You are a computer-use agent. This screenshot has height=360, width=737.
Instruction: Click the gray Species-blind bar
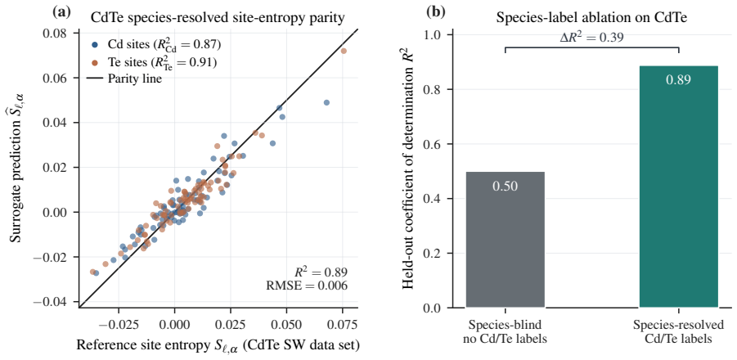click(506, 240)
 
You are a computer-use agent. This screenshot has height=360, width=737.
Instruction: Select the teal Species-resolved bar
click(679, 187)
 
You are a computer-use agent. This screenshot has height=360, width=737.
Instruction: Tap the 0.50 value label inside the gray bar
click(506, 186)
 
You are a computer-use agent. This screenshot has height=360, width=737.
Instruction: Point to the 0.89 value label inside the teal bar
click(679, 80)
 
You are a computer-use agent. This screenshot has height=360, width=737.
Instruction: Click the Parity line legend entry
click(124, 79)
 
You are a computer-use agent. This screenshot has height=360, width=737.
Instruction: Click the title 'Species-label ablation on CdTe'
click(591, 18)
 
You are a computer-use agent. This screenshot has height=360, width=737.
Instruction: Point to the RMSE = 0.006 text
click(307, 286)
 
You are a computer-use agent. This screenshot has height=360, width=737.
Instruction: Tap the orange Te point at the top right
click(344, 51)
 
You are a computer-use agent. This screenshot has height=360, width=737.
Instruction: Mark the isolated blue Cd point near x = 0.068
click(326, 102)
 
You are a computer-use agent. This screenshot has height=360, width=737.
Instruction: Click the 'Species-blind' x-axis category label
click(506, 326)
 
